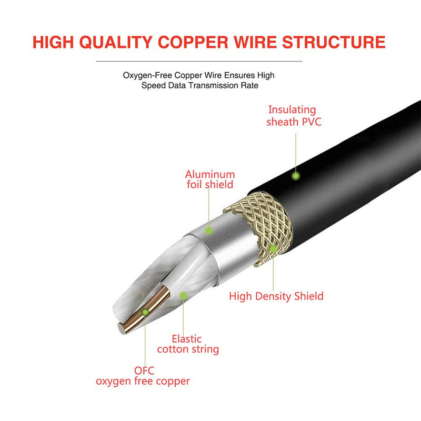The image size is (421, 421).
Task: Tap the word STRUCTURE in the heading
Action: [x=334, y=42]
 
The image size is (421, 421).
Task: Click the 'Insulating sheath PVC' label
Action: [x=293, y=116]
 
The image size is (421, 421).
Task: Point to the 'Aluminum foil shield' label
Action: [x=209, y=179]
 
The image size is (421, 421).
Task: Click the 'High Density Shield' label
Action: [x=276, y=296]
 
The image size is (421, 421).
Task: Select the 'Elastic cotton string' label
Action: [x=187, y=344]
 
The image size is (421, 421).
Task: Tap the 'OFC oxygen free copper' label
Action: [x=143, y=376]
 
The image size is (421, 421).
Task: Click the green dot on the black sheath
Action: [x=296, y=176]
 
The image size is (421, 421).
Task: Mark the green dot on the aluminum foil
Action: [x=209, y=230]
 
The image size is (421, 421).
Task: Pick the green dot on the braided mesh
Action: [x=273, y=247]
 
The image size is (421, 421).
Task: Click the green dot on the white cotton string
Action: [x=183, y=296]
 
